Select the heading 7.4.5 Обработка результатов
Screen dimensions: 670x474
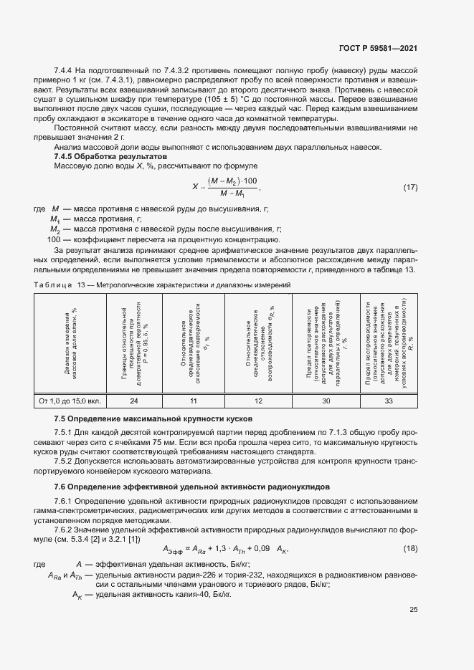pos(105,156)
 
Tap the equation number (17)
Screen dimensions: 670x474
pos(410,188)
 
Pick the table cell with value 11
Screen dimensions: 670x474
pos(193,401)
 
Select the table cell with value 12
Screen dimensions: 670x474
pos(257,401)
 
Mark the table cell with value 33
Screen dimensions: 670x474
pos(389,401)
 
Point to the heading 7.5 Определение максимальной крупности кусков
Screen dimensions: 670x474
pos(152,418)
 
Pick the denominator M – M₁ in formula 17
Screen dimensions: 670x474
pos(232,194)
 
